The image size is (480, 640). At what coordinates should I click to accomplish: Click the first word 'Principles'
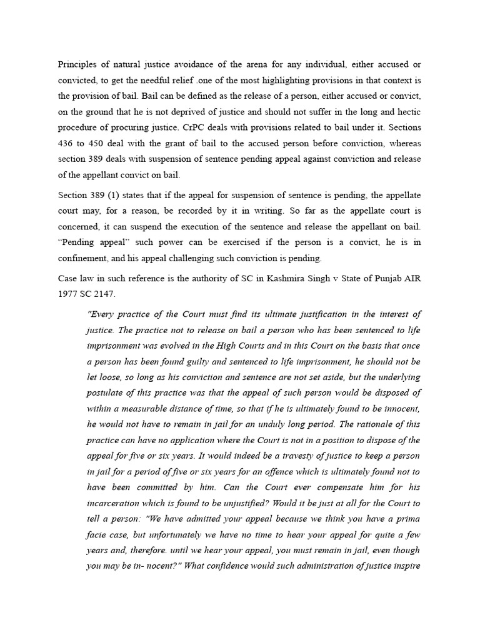coord(77,64)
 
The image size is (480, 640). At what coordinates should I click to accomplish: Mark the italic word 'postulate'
coord(106,392)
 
